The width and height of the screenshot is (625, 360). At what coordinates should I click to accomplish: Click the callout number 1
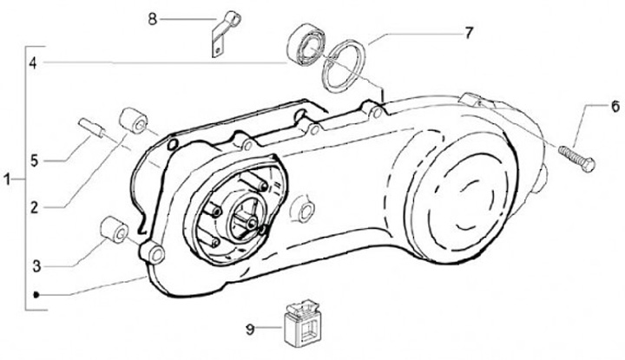pos(7,180)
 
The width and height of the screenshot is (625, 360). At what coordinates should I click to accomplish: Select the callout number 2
pos(35,207)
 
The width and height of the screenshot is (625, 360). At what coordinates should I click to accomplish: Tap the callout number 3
pos(36,266)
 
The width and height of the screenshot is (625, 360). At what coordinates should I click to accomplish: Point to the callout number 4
pos(34,63)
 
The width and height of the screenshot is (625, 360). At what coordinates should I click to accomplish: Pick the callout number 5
pos(35,160)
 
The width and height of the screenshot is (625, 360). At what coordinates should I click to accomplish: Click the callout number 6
pos(615,107)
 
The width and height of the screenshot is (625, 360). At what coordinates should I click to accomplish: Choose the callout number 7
pos(469,33)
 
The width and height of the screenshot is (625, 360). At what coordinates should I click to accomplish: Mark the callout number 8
pos(153,19)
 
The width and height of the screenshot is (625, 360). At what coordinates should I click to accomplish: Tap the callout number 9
pos(250,330)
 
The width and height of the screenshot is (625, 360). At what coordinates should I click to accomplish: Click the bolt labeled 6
pos(576,159)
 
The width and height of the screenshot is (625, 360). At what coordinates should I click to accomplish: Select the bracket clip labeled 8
pos(226,34)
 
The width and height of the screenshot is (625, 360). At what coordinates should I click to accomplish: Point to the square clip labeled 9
pos(302,321)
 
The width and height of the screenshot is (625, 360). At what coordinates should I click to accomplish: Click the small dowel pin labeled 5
pos(92,127)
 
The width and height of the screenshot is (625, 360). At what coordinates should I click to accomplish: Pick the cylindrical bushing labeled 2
pos(134,121)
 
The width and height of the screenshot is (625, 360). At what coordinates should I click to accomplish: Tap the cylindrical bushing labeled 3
pos(114,230)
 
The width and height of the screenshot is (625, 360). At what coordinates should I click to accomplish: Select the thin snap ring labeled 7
pos(344,66)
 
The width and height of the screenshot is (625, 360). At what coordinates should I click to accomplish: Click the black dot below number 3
pos(36,295)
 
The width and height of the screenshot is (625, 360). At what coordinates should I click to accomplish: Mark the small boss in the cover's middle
pos(306,210)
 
